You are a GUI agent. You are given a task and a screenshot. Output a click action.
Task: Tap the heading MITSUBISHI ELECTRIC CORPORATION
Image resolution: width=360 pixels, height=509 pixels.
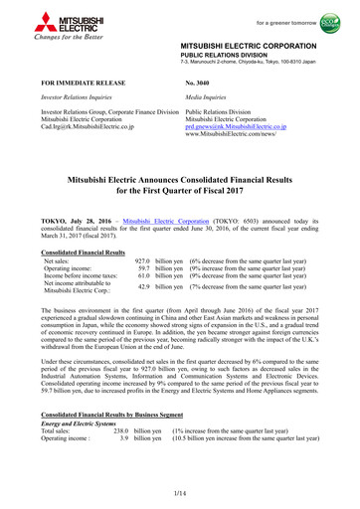[261, 46]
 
